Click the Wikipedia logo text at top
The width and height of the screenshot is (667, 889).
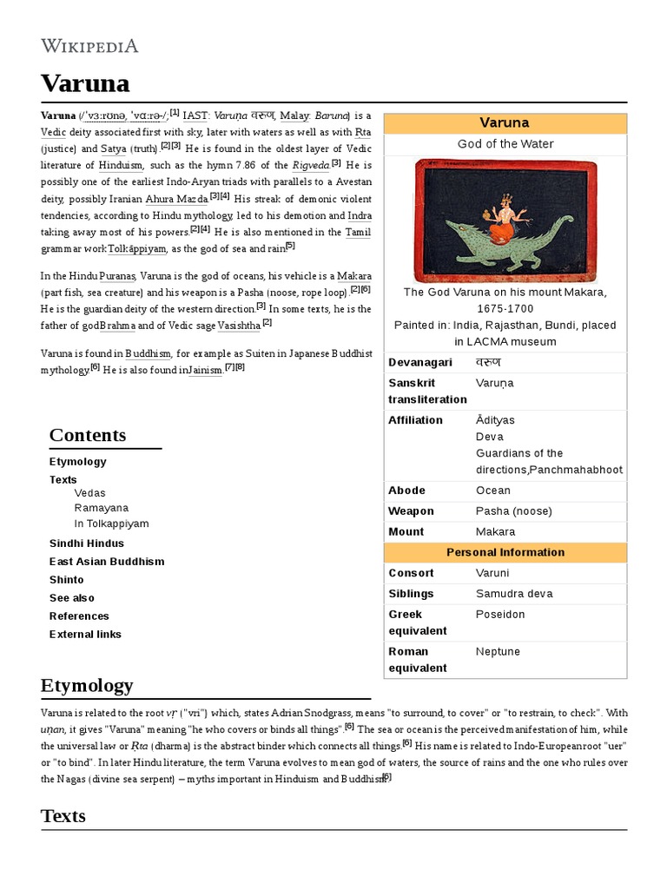pos(89,45)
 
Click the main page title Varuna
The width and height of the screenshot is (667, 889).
pos(85,83)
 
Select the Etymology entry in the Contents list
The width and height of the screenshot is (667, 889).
pos(78,461)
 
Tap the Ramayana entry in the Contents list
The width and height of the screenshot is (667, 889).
pos(101,508)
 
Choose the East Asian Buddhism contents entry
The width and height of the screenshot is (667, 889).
pos(107,562)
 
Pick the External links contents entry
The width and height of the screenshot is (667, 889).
pos(85,635)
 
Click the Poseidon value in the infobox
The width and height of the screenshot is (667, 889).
pos(501,615)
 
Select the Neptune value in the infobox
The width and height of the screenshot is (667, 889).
pos(499,651)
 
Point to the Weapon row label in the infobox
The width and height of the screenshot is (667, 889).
pos(411,511)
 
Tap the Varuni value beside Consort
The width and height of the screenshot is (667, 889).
pos(492,573)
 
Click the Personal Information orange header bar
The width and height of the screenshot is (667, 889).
pos(505,552)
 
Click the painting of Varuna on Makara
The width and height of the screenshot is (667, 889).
pos(505,221)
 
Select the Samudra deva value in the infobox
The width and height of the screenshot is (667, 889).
pos(514,594)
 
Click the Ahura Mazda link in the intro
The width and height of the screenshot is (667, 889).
pos(177,199)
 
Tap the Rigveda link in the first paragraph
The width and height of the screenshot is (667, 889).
pos(310,165)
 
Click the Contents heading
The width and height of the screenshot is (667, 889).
pos(88,435)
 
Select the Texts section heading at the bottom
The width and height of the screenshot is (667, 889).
pos(63,815)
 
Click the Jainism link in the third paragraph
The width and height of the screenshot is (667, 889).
pos(206,371)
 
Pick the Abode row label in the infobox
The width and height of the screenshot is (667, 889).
pos(406,491)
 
